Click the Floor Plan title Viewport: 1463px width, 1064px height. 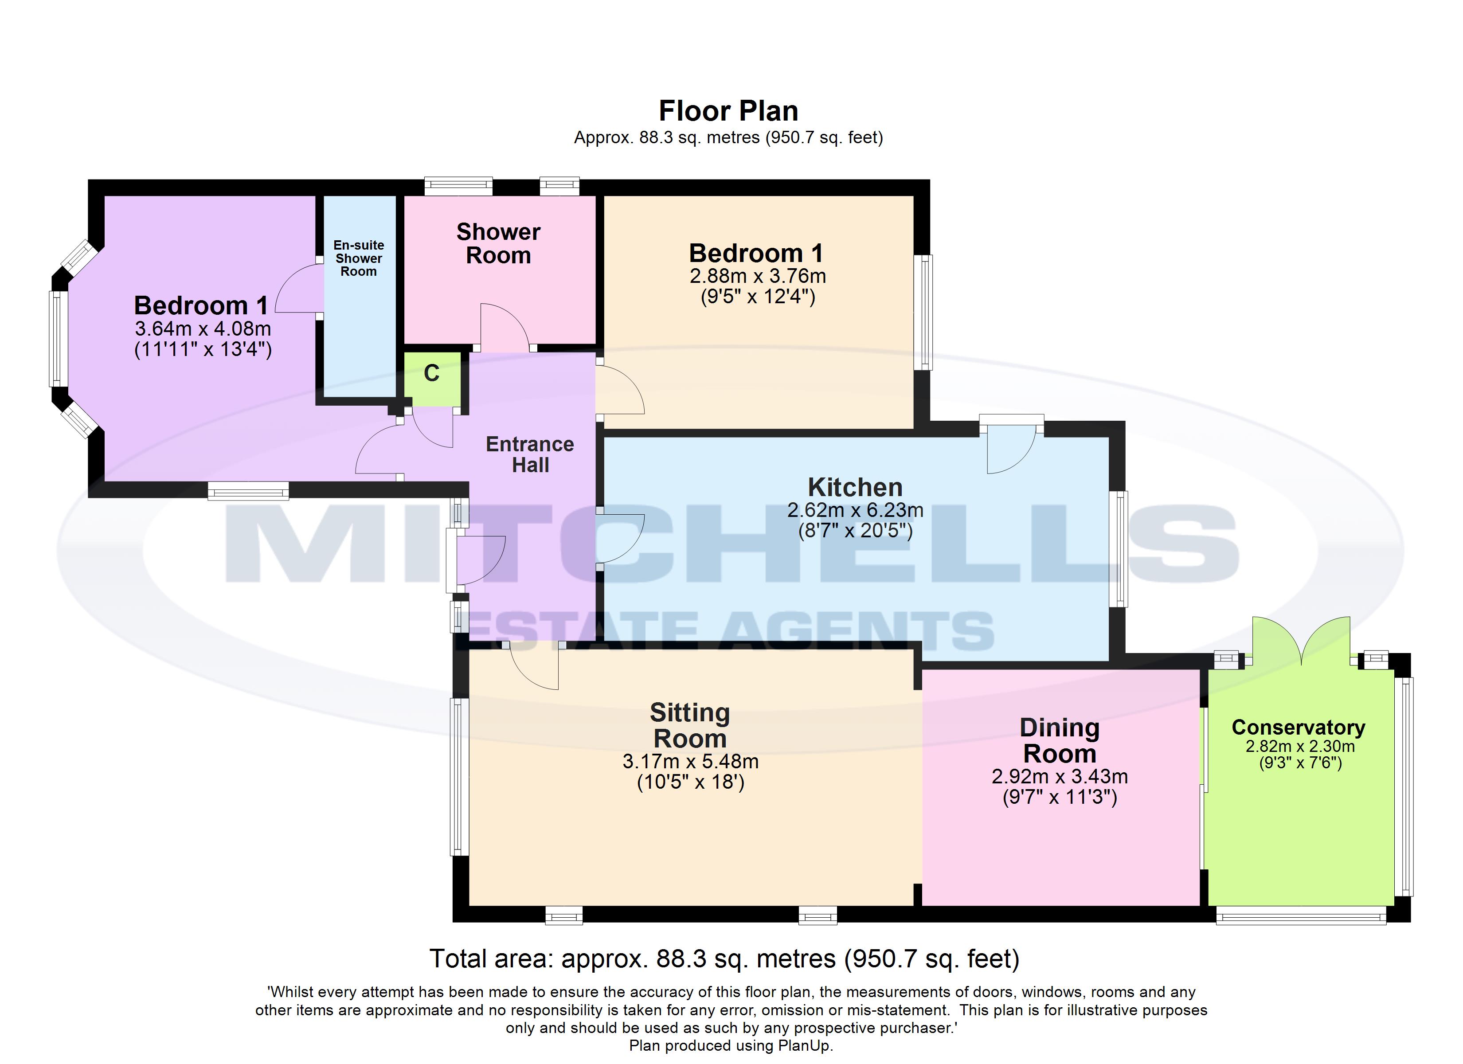pos(728,111)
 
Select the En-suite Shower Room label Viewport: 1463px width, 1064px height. pos(359,258)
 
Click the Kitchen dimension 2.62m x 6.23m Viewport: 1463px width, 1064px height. pos(855,510)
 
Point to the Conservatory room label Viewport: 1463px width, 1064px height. pos(1298,727)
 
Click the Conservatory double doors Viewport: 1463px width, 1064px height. pos(1301,642)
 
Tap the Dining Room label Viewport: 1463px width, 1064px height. pos(1059,741)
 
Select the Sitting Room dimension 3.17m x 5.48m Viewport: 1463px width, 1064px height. pos(690,761)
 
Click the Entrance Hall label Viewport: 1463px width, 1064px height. pos(530,454)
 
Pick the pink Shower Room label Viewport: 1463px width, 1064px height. pos(498,243)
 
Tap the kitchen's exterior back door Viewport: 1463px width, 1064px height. pos(1010,449)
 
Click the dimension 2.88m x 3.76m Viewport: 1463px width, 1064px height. pos(757,276)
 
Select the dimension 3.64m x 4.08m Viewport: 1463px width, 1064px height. pos(203,329)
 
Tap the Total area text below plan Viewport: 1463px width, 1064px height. pos(724,959)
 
